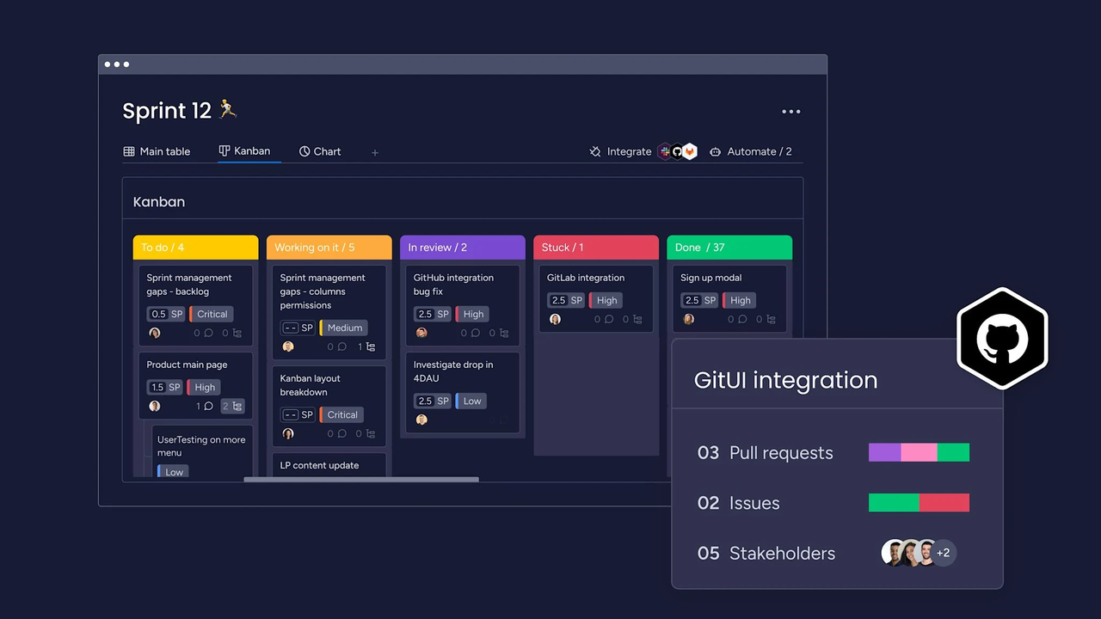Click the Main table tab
point(157,151)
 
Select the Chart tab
point(319,151)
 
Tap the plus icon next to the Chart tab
point(374,153)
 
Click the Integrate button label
point(629,151)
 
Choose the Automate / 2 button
point(751,151)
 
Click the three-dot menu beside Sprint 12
point(790,112)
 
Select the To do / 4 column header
point(195,247)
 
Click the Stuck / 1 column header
point(596,247)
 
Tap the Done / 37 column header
point(729,247)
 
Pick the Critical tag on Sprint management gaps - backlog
point(212,314)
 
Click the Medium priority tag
point(343,328)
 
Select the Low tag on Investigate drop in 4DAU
point(471,401)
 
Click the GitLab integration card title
point(586,278)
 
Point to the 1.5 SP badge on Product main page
point(164,387)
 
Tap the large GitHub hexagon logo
point(1002,339)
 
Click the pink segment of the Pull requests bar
point(919,452)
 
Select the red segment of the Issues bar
point(944,503)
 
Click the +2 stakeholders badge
point(943,553)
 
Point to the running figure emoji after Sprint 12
point(228,109)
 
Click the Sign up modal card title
point(710,278)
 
